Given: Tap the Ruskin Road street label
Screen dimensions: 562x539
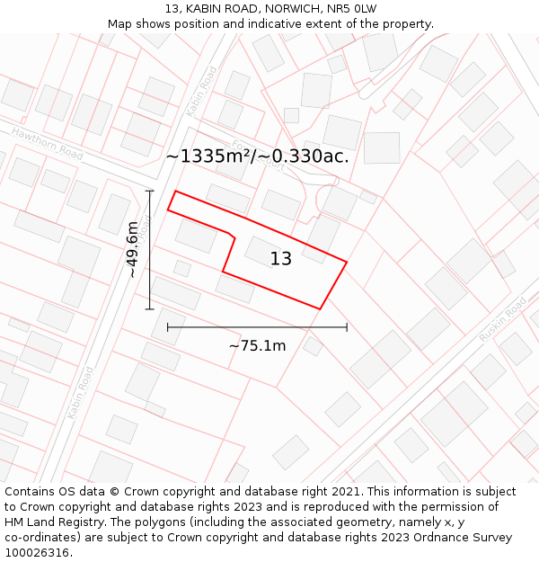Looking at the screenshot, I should click(503, 319).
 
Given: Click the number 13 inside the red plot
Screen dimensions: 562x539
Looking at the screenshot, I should click(281, 259).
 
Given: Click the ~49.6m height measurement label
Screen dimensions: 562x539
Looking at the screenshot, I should click(132, 249).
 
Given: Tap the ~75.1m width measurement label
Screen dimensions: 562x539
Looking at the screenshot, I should click(257, 346).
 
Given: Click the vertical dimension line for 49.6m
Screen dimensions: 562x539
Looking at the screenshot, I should click(150, 270).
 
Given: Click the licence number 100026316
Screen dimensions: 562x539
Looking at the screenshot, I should click(38, 553).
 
